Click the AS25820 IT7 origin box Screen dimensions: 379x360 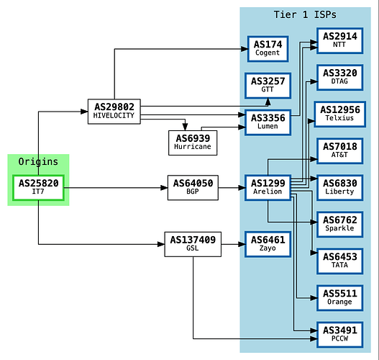[38, 188]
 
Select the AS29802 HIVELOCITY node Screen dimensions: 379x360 [114, 112]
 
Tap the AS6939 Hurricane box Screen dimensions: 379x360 [193, 143]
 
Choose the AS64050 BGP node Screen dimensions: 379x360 [193, 188]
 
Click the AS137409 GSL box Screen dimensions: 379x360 [193, 244]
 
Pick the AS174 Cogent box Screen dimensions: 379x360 [268, 49]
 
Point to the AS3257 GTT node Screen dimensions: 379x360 [268, 86]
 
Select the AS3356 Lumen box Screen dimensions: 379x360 [268, 122]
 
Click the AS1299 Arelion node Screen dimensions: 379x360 [268, 188]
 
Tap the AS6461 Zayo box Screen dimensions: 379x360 [268, 244]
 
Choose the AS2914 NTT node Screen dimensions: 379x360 [340, 40]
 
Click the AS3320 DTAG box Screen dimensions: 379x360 [340, 78]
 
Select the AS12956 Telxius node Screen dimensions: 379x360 [340, 114]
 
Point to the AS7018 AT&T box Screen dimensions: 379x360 [340, 151]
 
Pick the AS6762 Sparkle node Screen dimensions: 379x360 [340, 225]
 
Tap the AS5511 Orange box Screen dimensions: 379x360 [340, 298]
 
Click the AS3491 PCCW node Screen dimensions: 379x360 [340, 335]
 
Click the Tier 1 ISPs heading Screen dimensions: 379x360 [305, 14]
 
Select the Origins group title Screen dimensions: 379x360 [38, 161]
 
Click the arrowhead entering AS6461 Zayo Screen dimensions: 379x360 [242, 244]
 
